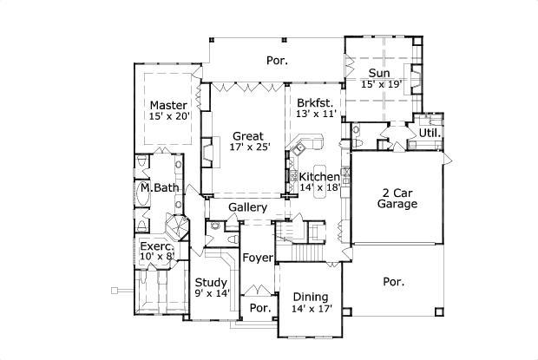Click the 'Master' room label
click(x=168, y=105)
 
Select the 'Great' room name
click(x=247, y=135)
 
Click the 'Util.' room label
click(x=430, y=133)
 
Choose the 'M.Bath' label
click(x=158, y=187)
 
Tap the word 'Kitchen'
click(x=319, y=176)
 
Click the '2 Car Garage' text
click(x=397, y=198)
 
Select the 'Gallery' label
click(x=247, y=207)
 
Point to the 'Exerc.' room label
click(x=157, y=246)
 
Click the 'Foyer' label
click(x=258, y=258)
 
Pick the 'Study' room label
click(x=211, y=283)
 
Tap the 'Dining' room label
click(x=309, y=296)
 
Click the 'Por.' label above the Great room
click(x=276, y=61)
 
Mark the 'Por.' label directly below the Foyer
click(x=259, y=308)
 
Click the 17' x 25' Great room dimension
click(x=247, y=147)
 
